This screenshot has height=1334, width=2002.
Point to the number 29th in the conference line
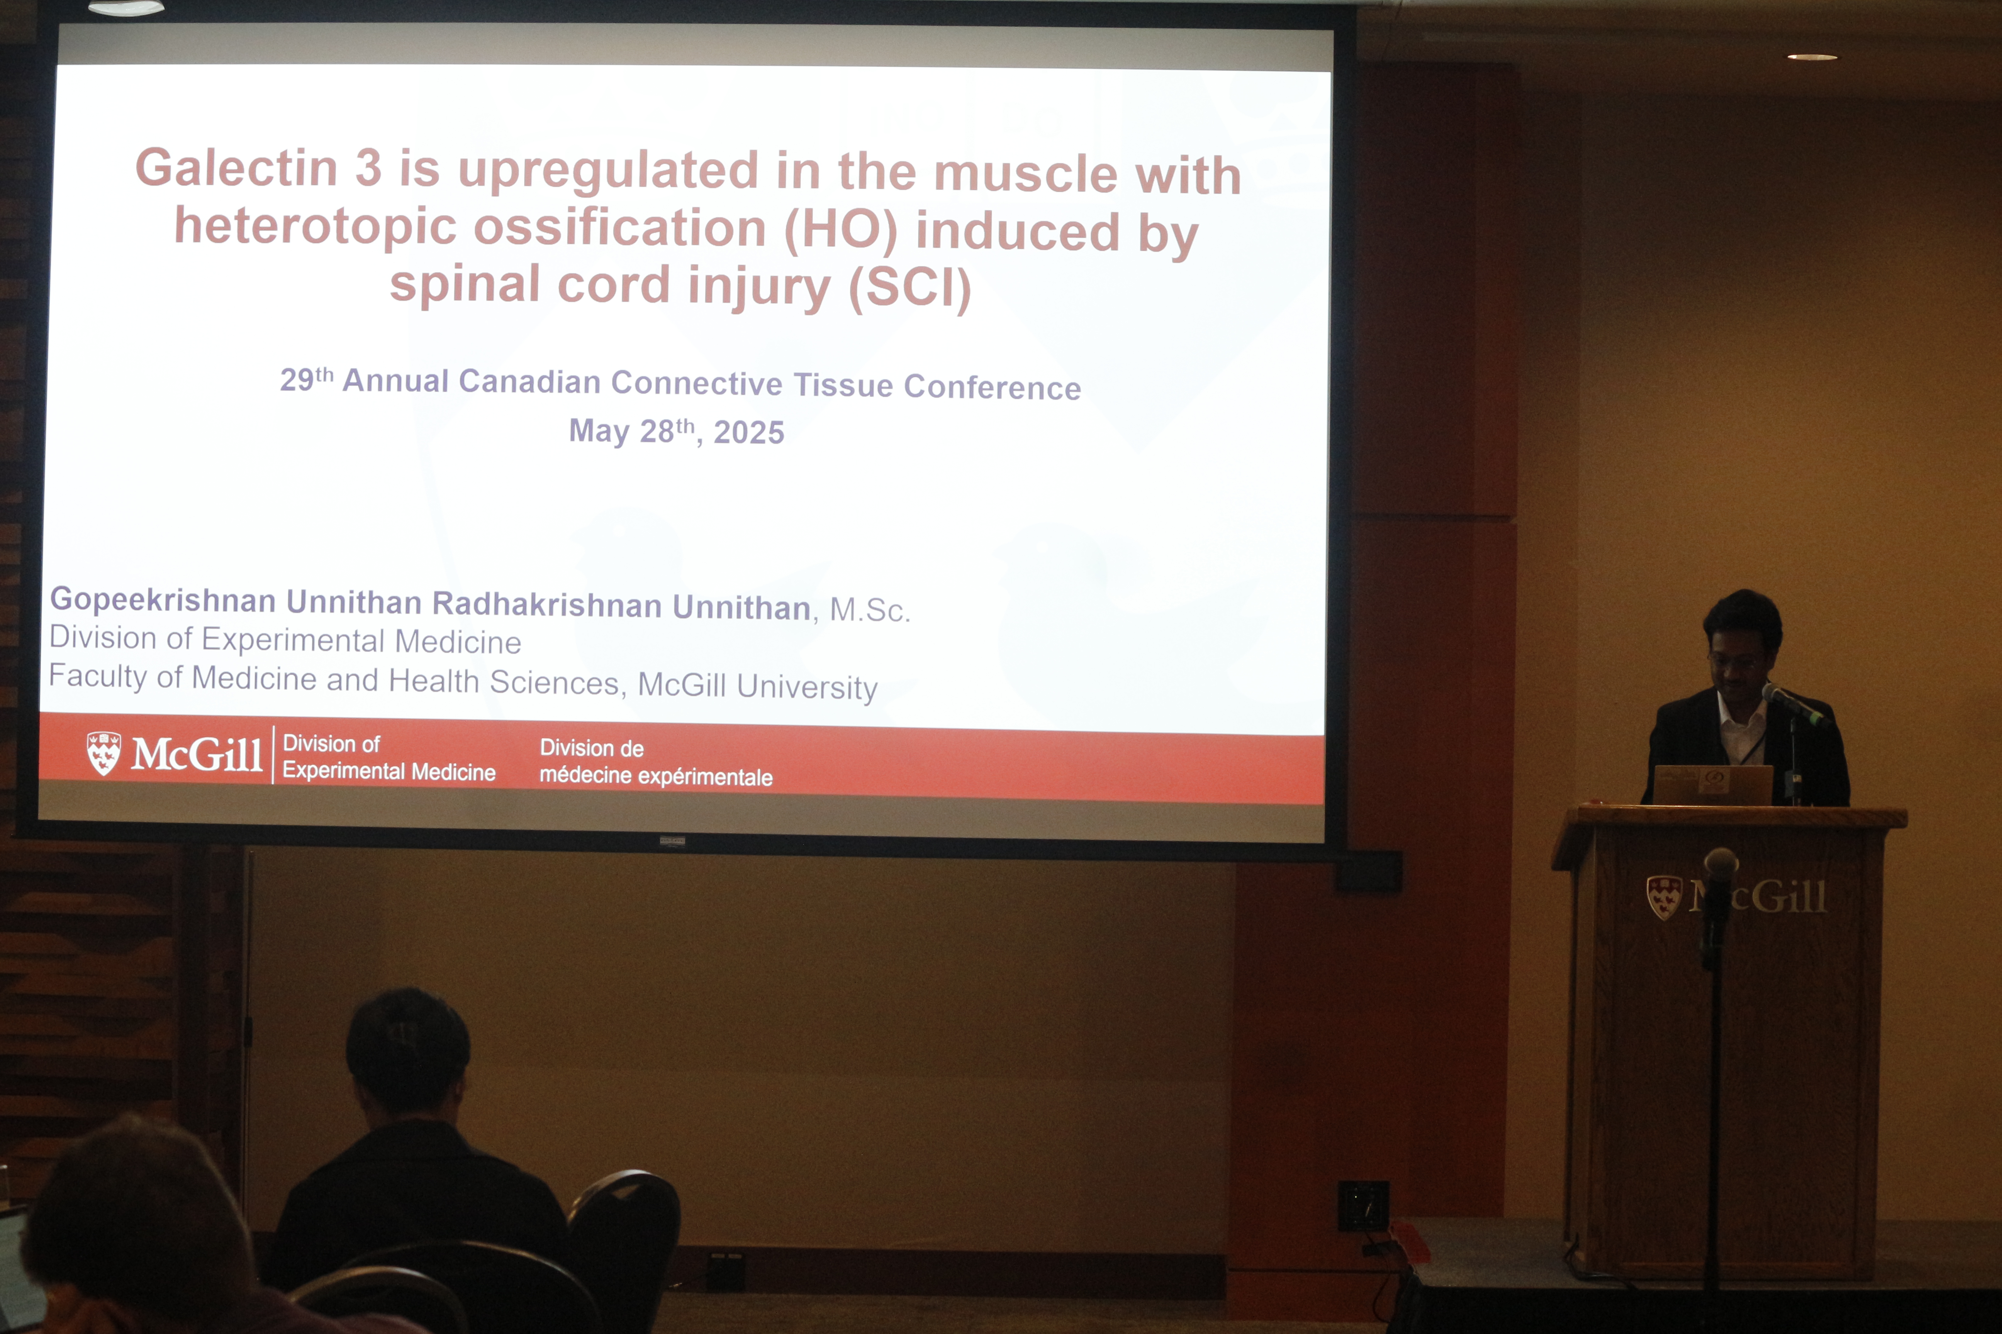(x=306, y=379)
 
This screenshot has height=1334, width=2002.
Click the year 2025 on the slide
(x=749, y=432)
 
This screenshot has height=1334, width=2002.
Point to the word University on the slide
(x=807, y=687)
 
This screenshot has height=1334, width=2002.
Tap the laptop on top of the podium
(x=1713, y=784)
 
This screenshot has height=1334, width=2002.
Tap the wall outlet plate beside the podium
(x=1363, y=1205)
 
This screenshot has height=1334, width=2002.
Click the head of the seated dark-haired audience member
(x=408, y=1051)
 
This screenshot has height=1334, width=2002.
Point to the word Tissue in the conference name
(x=843, y=384)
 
